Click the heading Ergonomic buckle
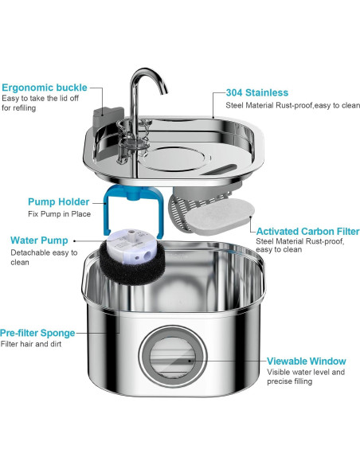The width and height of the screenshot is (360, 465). (x=45, y=88)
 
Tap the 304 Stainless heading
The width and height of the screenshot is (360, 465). (x=257, y=92)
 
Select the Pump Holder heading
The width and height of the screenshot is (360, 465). (x=58, y=201)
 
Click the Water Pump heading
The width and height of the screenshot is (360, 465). (x=39, y=240)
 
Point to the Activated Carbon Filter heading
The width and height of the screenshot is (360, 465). (x=307, y=232)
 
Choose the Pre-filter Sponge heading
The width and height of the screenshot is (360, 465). (x=37, y=333)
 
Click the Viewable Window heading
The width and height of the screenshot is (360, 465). (x=307, y=361)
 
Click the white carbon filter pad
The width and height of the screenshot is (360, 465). (x=221, y=213)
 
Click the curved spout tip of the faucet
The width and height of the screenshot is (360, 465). (x=164, y=90)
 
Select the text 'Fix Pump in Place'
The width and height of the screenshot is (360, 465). (x=59, y=214)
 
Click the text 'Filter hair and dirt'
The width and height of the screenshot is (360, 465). (x=31, y=344)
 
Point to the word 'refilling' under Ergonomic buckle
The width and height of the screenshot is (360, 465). (x=22, y=108)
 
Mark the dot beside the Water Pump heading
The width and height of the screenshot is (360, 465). (x=74, y=241)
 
